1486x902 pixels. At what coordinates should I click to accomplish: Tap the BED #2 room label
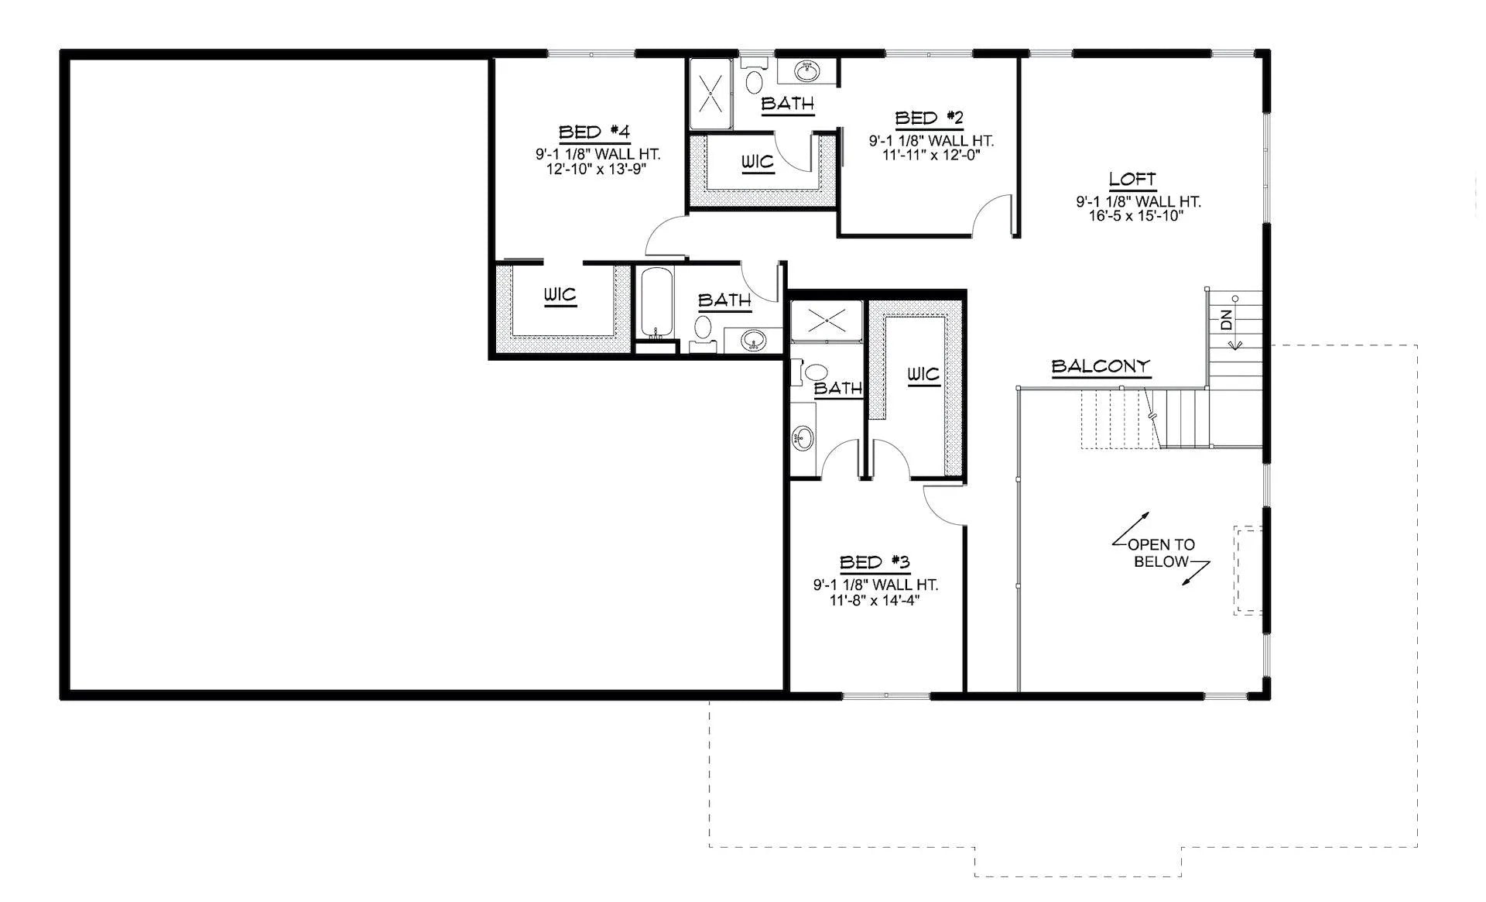(x=930, y=118)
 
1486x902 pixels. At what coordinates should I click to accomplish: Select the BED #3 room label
(x=875, y=562)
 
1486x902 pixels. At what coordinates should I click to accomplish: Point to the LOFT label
(x=1132, y=180)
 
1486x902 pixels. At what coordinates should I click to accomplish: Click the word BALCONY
(x=1101, y=366)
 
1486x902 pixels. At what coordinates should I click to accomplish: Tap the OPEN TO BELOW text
(x=1161, y=553)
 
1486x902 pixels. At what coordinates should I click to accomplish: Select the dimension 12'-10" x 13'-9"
(x=596, y=168)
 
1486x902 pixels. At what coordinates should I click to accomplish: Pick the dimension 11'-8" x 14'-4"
(x=875, y=600)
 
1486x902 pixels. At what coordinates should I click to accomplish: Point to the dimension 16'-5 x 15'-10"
(x=1137, y=216)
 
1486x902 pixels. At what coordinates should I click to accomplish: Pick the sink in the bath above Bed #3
(x=802, y=439)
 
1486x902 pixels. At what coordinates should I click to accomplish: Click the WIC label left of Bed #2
(x=757, y=162)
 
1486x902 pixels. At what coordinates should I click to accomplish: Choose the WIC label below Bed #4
(x=560, y=295)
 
